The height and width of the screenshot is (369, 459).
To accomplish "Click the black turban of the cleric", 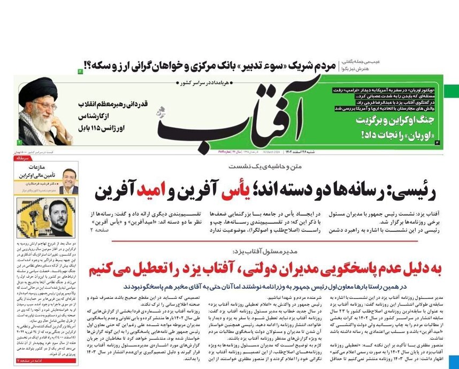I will coord(37,88).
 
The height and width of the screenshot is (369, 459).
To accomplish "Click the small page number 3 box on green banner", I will coord(438,143).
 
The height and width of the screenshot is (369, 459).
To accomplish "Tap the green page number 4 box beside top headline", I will coord(81,70).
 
